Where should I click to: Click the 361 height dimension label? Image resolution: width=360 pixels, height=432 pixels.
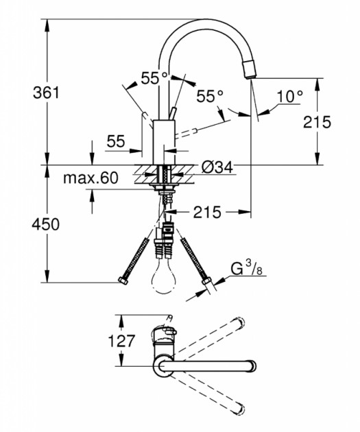coord(46,93)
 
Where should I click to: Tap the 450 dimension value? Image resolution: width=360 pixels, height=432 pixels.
coord(45,224)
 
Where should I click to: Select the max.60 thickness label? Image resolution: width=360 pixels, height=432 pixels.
coord(91,178)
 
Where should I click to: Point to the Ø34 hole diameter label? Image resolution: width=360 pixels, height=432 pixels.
coord(217,167)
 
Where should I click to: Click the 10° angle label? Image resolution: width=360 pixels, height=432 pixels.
coord(289,97)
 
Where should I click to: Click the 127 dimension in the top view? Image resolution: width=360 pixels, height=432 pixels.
coord(121,341)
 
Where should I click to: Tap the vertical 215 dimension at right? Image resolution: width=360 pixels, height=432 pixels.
coord(317,122)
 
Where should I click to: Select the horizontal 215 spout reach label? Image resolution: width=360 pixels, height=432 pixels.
coord(207,212)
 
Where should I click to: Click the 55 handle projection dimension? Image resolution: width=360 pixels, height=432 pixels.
coord(116,141)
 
